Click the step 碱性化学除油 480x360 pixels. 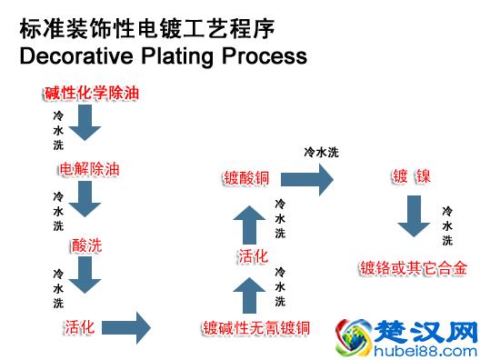tap(92, 93)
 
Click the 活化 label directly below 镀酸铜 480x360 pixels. tap(252, 255)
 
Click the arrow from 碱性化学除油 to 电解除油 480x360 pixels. tap(85, 123)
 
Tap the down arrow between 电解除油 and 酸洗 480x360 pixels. tap(85, 198)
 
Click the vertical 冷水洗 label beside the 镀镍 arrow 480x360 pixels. tap(447, 225)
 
